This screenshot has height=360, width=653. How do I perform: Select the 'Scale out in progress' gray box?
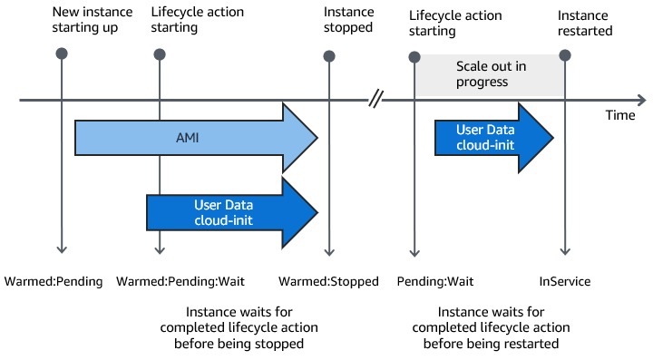tap(489, 74)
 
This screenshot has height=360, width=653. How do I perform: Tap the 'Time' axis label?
tap(621, 116)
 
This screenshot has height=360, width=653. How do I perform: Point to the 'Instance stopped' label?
tap(348, 20)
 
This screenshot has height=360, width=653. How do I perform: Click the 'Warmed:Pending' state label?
tap(54, 281)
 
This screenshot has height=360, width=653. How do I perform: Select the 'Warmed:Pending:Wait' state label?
tap(180, 281)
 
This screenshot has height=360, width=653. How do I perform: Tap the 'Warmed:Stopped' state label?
tap(328, 281)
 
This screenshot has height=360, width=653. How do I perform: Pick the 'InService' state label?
tap(565, 281)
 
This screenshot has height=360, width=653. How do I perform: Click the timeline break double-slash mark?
tap(375, 99)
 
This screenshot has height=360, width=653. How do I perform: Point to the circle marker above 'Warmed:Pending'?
tap(61, 54)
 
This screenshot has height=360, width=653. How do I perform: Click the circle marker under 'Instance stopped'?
tap(329, 54)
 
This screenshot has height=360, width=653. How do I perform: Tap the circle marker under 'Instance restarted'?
tap(565, 54)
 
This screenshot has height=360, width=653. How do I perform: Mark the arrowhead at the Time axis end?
tap(641, 99)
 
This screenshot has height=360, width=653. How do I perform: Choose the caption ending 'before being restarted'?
tap(491, 327)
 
